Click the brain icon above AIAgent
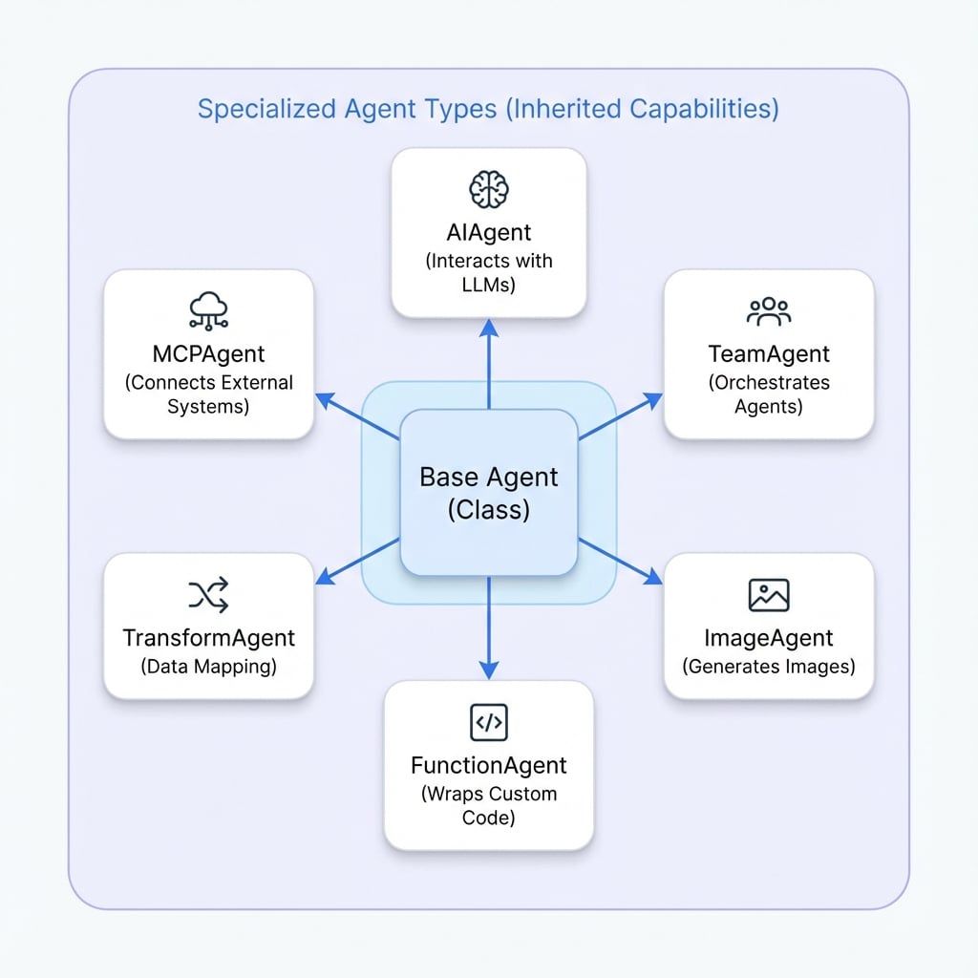(488, 187)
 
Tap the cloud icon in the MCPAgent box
(208, 308)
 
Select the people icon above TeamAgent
(769, 310)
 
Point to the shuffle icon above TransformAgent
(208, 596)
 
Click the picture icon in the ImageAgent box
(769, 595)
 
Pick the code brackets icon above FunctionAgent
(488, 723)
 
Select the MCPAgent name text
(208, 353)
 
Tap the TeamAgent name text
(769, 354)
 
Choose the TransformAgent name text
(208, 637)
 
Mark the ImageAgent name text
(769, 638)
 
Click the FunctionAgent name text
(488, 765)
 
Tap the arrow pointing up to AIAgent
(488, 363)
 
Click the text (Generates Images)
(769, 667)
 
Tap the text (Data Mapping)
(208, 667)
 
